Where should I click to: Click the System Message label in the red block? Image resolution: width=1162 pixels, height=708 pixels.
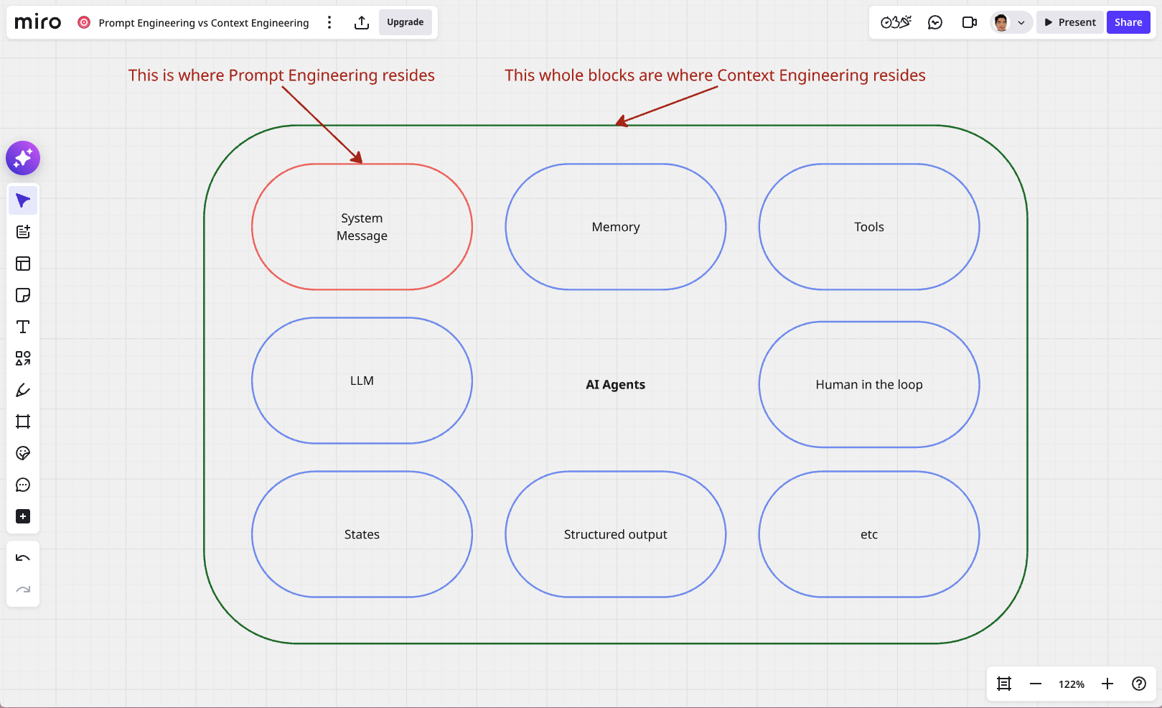[x=362, y=227]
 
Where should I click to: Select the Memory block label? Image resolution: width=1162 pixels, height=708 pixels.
[x=616, y=227]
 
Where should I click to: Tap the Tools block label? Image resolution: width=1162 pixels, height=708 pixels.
[x=869, y=227]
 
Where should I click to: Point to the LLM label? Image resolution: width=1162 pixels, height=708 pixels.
[x=362, y=381]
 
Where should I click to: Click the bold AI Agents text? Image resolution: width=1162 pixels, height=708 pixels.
[x=615, y=385]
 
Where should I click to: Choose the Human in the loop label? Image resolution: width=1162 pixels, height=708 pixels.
[x=869, y=385]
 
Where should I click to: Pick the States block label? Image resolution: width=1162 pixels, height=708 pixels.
[x=362, y=534]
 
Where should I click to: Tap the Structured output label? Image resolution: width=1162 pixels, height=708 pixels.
[x=615, y=534]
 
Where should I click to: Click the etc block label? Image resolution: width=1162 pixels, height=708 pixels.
[x=869, y=535]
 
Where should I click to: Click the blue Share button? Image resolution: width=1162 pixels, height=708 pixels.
[x=1128, y=22]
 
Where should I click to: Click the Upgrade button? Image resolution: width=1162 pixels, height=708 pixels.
[x=405, y=22]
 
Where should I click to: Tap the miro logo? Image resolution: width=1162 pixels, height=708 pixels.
[x=38, y=22]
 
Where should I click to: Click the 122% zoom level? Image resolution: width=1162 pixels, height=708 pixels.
[x=1072, y=684]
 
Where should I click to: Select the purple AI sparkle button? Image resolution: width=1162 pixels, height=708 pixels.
[x=23, y=158]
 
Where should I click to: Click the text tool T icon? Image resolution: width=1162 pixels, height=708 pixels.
[x=23, y=327]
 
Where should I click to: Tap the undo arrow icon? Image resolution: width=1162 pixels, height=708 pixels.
[x=23, y=558]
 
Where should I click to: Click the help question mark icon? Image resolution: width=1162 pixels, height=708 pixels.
[x=1138, y=684]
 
